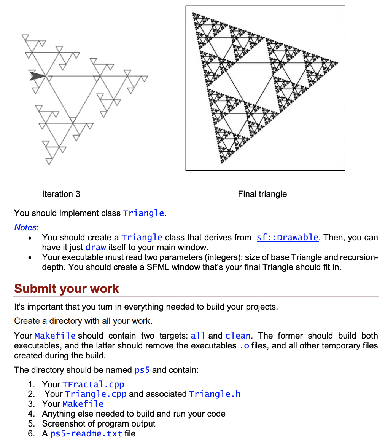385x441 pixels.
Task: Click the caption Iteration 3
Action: [x=61, y=194]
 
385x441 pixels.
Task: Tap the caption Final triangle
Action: [x=262, y=194]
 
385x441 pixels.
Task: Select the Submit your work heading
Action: [x=67, y=288]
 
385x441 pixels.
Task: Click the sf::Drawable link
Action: [x=287, y=237]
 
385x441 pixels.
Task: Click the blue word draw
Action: [x=95, y=247]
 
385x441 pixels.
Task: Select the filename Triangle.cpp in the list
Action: [x=95, y=394]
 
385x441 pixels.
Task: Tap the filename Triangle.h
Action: [x=215, y=394]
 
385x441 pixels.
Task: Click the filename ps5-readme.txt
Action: [x=86, y=433]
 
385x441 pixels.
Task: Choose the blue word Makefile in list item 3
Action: [x=83, y=404]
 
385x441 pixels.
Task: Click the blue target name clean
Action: [x=238, y=336]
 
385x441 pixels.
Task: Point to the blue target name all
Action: [x=198, y=336]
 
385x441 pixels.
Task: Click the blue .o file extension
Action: [x=244, y=345]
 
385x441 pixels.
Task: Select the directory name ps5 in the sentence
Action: [x=142, y=370]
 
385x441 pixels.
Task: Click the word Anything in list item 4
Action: [x=58, y=414]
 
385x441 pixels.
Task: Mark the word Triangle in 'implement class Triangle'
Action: [x=143, y=213]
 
